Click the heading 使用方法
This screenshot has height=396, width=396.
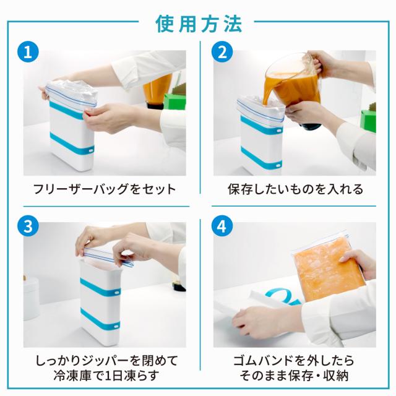coord(199,24)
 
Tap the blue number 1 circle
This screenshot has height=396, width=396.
coord(28,52)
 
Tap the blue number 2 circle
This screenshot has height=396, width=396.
coord(222,52)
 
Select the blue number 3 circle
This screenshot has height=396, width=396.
coord(28,226)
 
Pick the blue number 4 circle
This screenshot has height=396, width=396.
coord(222,226)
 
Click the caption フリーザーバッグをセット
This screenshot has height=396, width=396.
coord(105,189)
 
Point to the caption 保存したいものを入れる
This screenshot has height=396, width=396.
coord(295,189)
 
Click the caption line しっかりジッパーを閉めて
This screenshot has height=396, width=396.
coord(106,361)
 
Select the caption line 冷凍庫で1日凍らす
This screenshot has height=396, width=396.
coord(106,376)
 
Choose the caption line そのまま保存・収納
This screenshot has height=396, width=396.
coord(294,376)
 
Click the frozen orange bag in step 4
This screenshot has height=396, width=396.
coord(329,268)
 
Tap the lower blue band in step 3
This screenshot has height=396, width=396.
coord(100,319)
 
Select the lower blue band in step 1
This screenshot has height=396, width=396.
coord(72,144)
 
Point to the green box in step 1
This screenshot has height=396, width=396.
coord(174,102)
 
